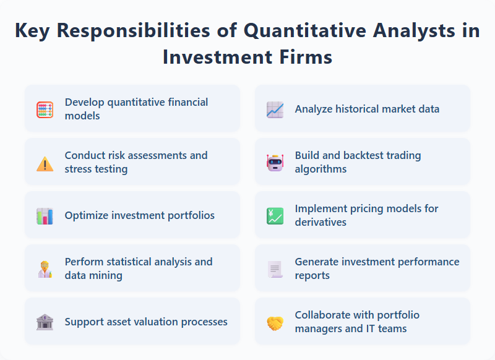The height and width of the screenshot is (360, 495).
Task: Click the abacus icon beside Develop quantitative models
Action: [x=45, y=109]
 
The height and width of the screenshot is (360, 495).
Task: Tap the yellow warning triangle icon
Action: [x=45, y=163]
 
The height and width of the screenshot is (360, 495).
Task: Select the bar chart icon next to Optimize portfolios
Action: [x=45, y=216]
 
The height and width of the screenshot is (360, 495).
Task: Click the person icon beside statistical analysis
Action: [x=45, y=269]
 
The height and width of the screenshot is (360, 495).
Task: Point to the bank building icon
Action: [x=45, y=322]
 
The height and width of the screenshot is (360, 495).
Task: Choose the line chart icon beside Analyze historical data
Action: [x=275, y=109]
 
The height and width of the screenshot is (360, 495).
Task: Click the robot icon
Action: [x=275, y=163]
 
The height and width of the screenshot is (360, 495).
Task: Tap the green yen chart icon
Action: [x=275, y=216]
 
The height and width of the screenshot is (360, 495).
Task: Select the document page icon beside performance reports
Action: [x=275, y=269]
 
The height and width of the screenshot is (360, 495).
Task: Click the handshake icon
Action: [x=275, y=322]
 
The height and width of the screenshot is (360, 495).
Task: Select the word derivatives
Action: [x=321, y=222]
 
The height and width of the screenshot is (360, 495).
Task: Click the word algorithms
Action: [x=321, y=169]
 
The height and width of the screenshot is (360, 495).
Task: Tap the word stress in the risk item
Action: [x=79, y=169]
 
